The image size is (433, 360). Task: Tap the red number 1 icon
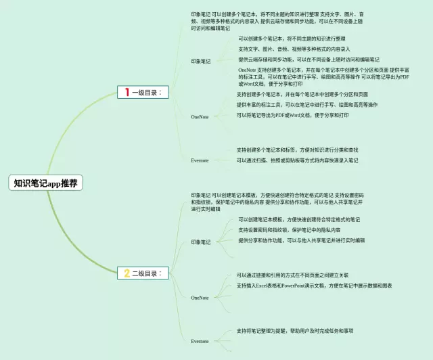tap(125, 91)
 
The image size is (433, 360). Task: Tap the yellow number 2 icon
tap(126, 273)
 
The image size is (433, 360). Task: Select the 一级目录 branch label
tap(147, 91)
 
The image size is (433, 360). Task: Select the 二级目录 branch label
tap(147, 273)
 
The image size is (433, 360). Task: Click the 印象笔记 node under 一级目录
tap(201, 62)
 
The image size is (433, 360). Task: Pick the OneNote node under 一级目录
tap(200, 117)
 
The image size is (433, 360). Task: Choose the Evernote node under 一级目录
tap(200, 160)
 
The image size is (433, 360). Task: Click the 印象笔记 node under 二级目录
tap(201, 242)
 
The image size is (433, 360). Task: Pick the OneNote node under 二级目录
tap(200, 298)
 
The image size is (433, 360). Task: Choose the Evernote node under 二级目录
tap(200, 341)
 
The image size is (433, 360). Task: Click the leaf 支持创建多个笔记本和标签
tap(297, 150)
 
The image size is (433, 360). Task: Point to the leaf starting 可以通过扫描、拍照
tap(297, 161)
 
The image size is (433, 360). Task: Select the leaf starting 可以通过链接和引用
tap(292, 275)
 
